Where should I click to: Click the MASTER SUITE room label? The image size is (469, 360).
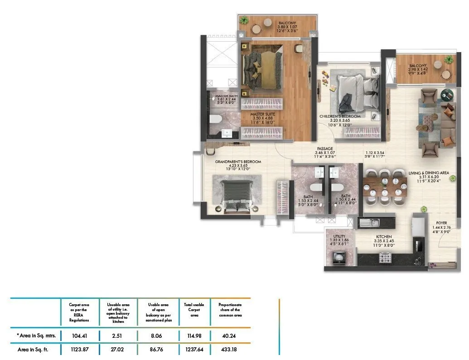click(263, 115)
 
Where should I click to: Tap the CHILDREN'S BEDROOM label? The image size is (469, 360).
click(340, 116)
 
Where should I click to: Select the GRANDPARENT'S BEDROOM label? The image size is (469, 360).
click(238, 162)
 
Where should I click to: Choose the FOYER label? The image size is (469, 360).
click(442, 223)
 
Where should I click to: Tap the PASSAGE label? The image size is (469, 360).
click(324, 149)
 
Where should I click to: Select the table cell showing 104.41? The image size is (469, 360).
click(79, 336)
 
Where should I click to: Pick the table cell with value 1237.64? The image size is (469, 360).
click(194, 349)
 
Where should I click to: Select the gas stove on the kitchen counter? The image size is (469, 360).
click(385, 258)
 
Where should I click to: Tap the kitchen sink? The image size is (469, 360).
click(373, 222)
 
